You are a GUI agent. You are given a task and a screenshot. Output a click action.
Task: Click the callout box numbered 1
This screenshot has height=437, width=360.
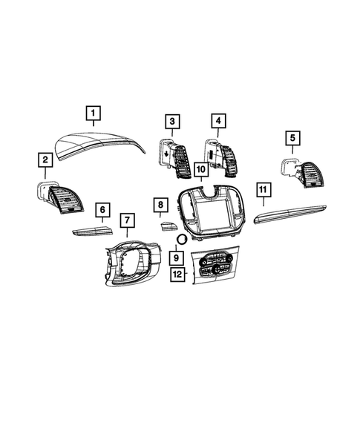[x=93, y=114]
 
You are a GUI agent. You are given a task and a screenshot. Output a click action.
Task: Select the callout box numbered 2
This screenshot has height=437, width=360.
[x=46, y=159]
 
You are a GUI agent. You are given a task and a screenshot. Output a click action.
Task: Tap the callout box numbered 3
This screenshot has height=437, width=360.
[x=172, y=121]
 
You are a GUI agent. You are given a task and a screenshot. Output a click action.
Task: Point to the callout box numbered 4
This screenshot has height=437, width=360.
[x=217, y=120]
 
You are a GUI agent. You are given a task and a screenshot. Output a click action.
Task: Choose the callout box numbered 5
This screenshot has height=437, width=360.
[x=292, y=137]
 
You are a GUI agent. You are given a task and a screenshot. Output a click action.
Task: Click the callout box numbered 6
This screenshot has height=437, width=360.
[x=102, y=210]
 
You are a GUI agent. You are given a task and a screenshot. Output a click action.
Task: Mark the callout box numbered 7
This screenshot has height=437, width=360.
[x=127, y=220]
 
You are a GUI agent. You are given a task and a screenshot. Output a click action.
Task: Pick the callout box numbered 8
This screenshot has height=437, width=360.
[x=159, y=204]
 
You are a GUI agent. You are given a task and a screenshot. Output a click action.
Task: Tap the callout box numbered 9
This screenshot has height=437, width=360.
[x=176, y=257]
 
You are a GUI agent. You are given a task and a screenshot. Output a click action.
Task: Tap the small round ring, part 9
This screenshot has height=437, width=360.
[x=181, y=239]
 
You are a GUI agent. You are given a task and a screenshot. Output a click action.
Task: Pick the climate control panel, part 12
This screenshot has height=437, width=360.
[x=214, y=266]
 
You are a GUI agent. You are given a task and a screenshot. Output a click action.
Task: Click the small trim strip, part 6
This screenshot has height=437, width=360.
[x=91, y=231]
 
